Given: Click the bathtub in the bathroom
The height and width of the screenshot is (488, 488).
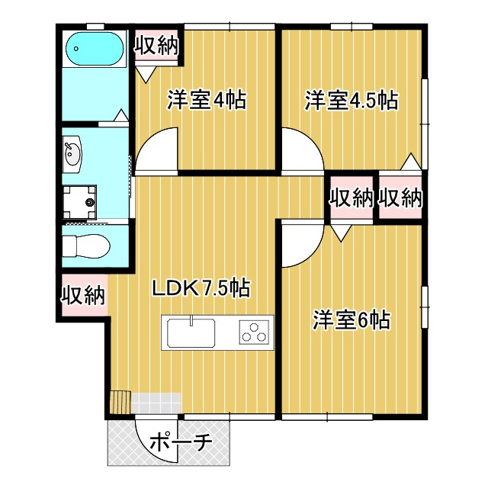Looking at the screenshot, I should click(x=95, y=50).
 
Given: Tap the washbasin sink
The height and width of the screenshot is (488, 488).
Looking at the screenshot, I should click(x=74, y=153).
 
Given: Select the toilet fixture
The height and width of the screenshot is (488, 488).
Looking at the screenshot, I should click(x=85, y=246).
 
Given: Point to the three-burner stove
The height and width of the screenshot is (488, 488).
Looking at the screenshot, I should click(x=255, y=332).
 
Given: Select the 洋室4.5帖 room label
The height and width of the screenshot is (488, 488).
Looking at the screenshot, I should click(x=351, y=100).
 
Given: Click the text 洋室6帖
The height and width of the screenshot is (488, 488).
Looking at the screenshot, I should click(x=351, y=320).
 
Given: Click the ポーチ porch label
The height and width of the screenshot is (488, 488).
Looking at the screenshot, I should click(x=181, y=441).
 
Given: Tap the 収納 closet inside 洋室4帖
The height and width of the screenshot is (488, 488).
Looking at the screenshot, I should click(x=156, y=45).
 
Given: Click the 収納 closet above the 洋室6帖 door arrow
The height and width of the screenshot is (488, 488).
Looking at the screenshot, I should click(x=351, y=198).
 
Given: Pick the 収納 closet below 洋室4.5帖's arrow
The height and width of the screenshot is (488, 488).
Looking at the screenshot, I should click(x=400, y=198).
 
